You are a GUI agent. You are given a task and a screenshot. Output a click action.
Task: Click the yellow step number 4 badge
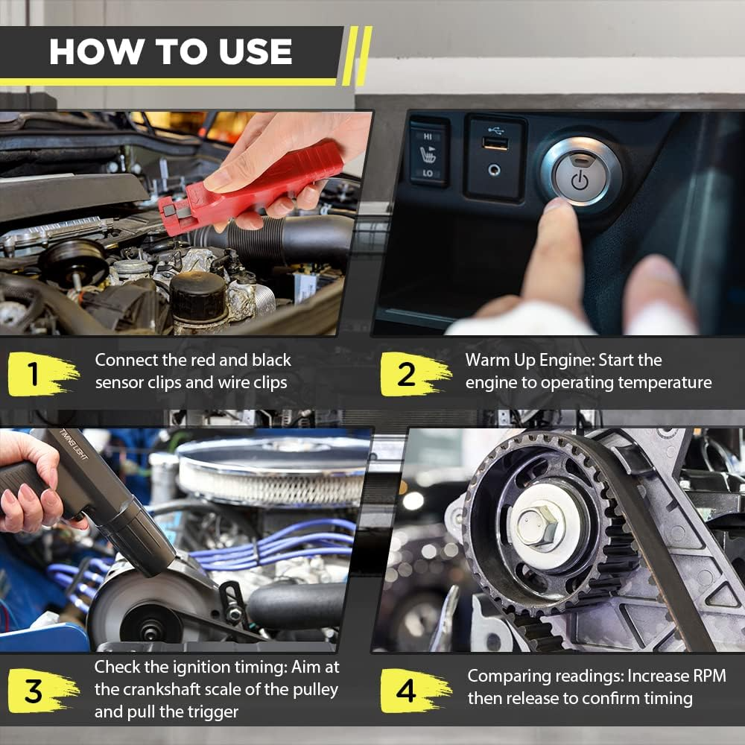point(407,691)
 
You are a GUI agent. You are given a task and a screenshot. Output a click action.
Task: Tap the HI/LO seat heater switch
point(428,153)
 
